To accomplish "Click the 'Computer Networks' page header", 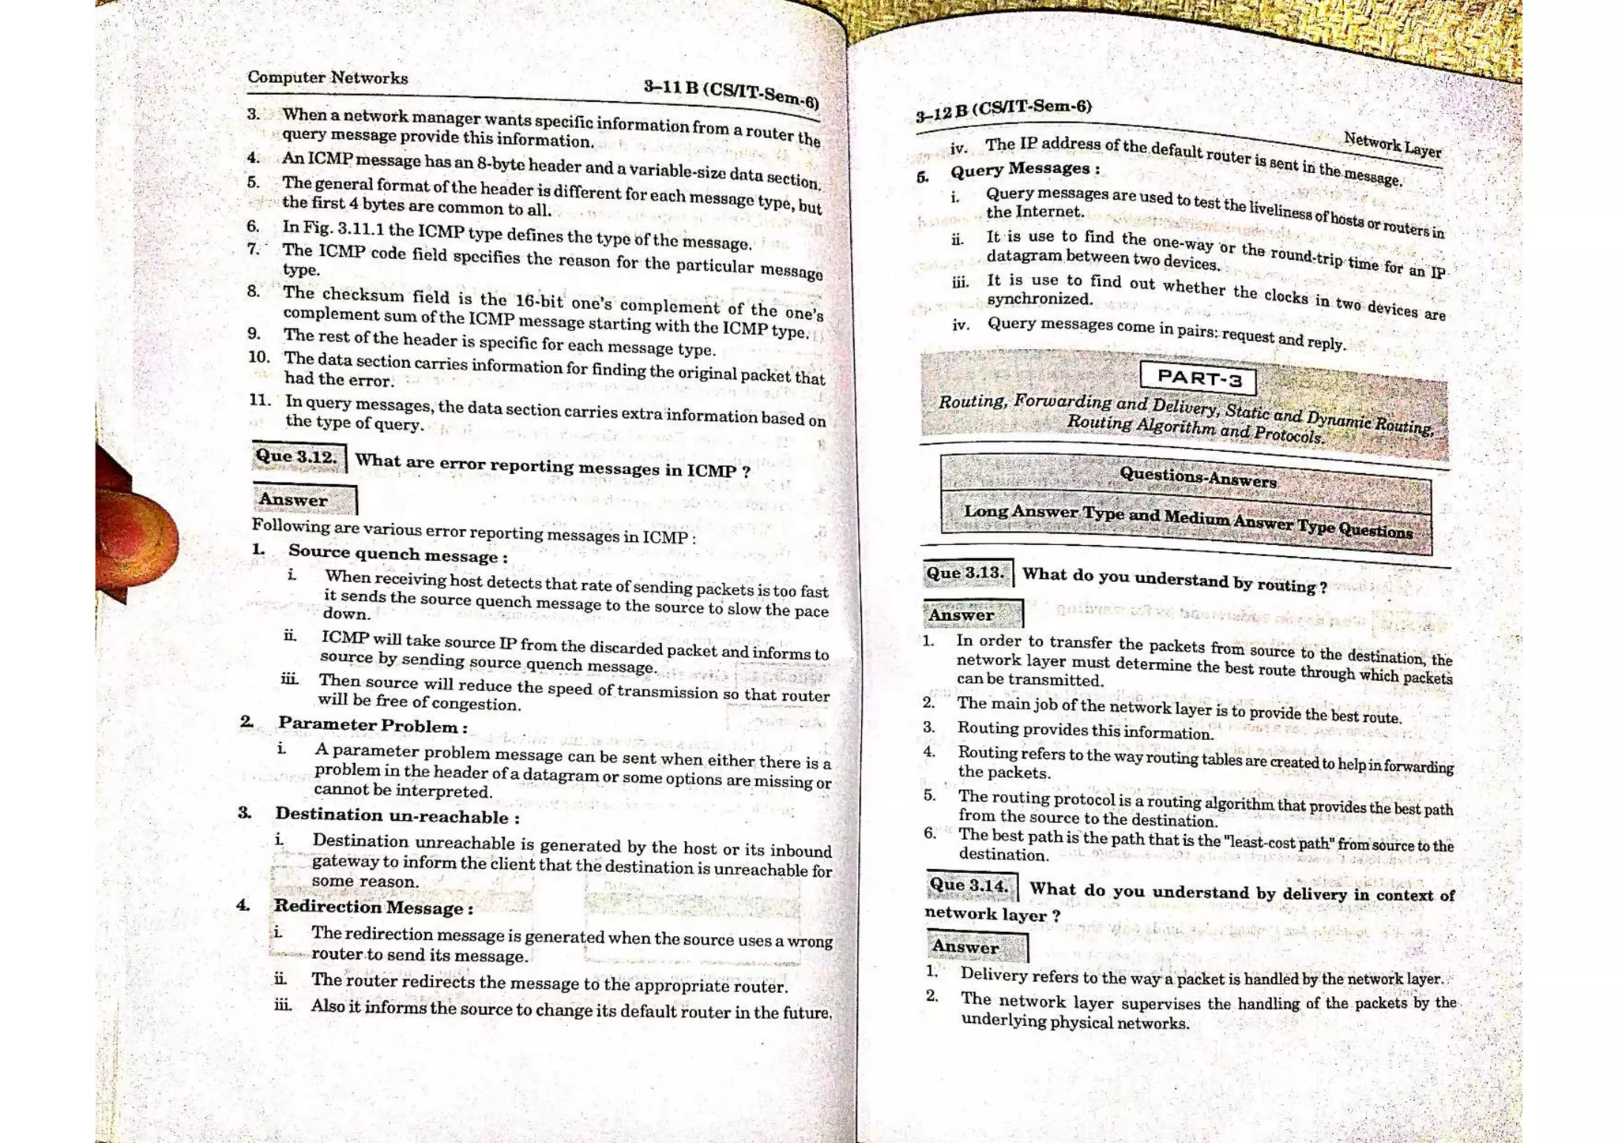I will [327, 77].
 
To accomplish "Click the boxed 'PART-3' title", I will [1198, 378].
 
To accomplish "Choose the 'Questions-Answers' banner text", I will [1197, 477].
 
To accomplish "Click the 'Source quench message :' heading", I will [397, 554].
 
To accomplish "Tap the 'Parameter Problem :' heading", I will [372, 725].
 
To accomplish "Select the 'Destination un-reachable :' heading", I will [397, 815].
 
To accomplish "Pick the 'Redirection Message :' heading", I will [373, 907].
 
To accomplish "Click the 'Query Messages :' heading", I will [1024, 169].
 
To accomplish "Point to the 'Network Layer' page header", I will [1392, 145].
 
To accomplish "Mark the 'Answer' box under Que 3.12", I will [303, 500].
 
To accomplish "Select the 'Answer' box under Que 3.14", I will [976, 946].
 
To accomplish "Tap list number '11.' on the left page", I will [260, 400].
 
